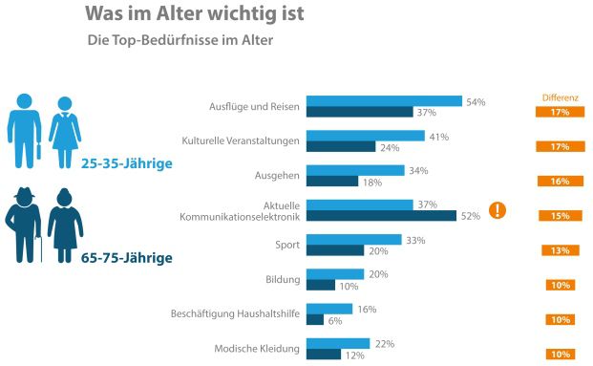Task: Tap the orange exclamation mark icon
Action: point(497,210)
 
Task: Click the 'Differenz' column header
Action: point(560,97)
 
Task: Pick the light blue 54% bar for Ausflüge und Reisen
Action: point(384,100)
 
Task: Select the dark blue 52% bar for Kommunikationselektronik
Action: point(381,216)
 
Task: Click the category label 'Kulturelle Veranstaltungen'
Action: point(241,141)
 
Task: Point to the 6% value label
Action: point(337,320)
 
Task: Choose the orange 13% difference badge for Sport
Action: point(560,250)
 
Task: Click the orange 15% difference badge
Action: point(560,216)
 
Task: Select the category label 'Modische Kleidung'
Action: point(257,348)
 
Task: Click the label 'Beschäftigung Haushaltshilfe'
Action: point(236,313)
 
